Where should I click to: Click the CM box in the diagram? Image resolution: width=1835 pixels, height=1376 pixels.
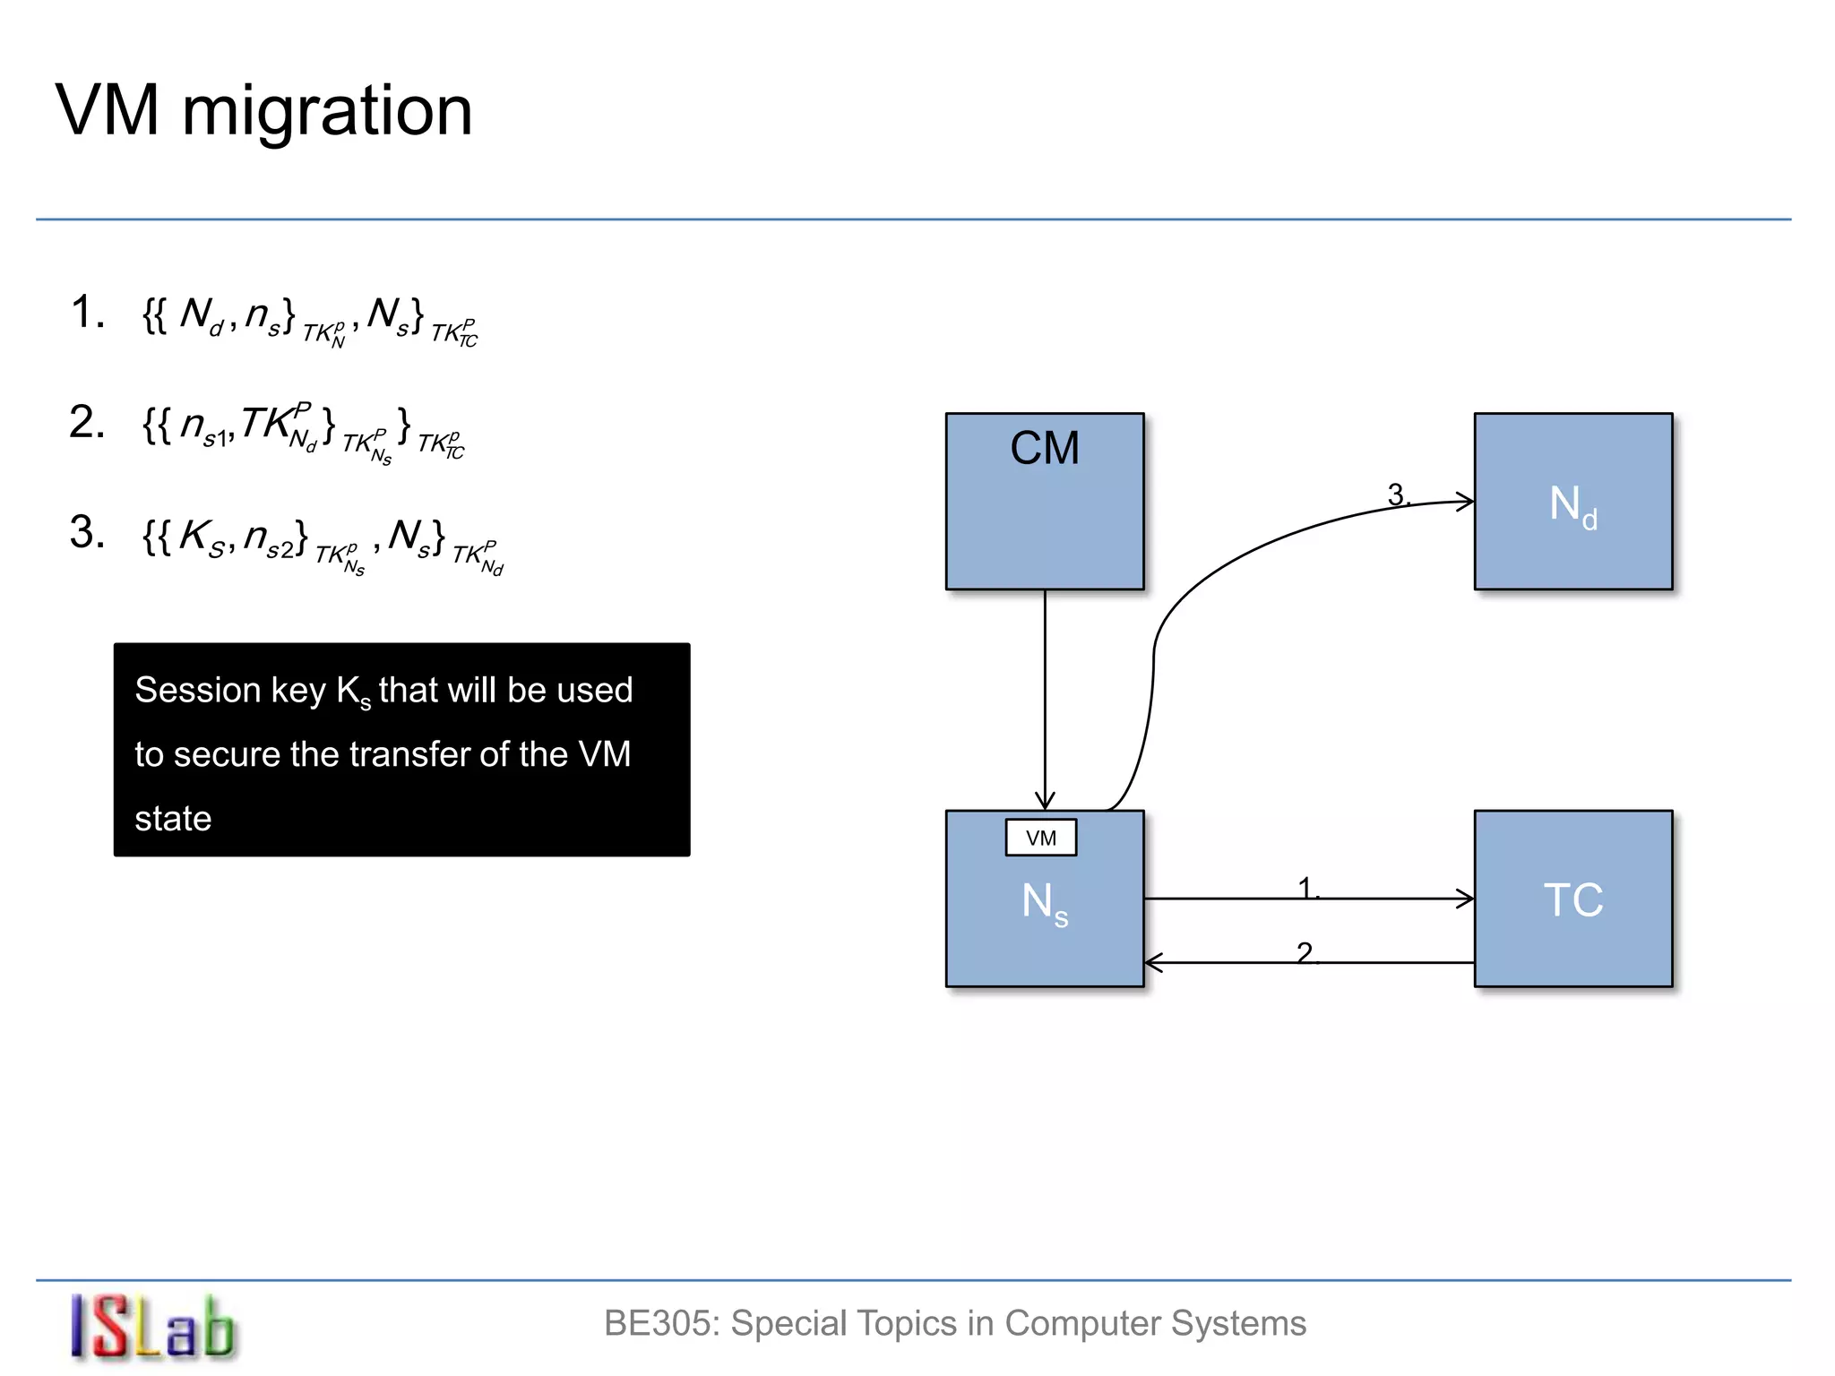(1045, 502)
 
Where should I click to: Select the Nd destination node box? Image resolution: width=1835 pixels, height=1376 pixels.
(1573, 502)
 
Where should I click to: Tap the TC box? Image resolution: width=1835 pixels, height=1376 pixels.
(1573, 899)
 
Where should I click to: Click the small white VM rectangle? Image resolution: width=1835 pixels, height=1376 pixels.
(1041, 838)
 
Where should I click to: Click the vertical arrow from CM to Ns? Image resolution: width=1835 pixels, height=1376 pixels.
(1045, 699)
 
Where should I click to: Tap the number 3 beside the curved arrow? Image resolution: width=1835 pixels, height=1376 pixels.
(1396, 494)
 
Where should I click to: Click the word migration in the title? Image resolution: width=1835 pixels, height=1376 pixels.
(327, 111)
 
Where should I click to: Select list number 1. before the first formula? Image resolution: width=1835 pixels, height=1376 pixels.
(87, 313)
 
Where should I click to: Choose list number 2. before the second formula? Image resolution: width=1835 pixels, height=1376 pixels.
(87, 422)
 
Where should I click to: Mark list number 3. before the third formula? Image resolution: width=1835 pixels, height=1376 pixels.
(87, 532)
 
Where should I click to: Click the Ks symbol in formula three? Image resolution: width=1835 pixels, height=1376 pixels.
(202, 537)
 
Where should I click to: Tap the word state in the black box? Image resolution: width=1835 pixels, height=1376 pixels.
(173, 819)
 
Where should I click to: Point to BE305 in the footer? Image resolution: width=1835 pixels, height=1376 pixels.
(661, 1324)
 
